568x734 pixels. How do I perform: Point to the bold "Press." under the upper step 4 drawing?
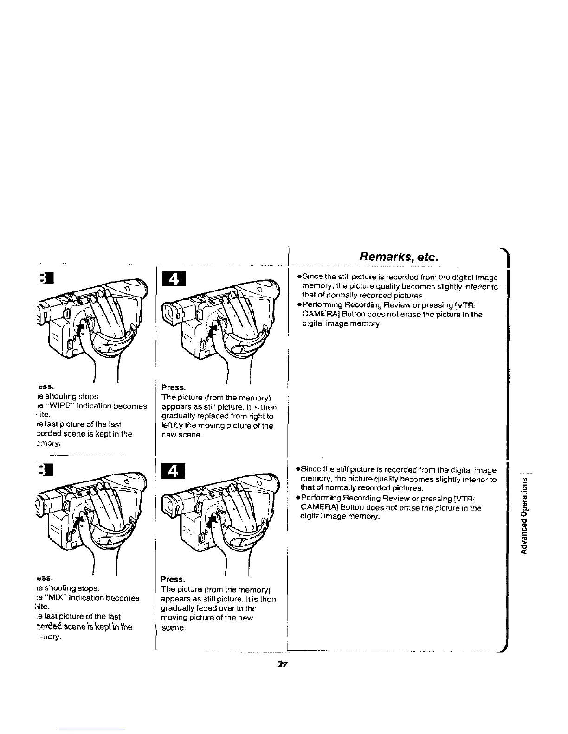tap(170, 387)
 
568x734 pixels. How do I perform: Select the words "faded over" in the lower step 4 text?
tap(212, 608)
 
